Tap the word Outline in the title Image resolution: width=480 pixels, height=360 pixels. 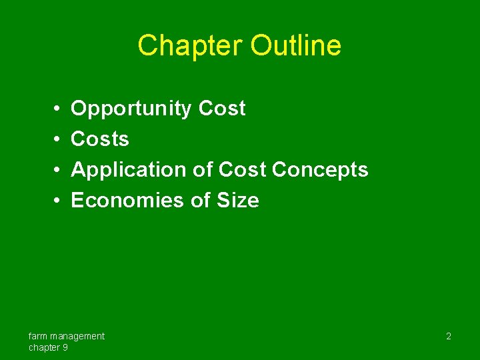pos(296,45)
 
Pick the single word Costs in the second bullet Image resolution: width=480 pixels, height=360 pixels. pos(100,139)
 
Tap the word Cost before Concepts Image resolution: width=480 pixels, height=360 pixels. pos(243,170)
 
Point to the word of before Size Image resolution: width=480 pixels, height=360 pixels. pos(200,201)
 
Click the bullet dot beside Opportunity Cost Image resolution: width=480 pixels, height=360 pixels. pos(58,109)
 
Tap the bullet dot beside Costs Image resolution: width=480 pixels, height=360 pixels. pos(58,139)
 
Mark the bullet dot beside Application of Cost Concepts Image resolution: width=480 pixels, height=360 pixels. pos(58,170)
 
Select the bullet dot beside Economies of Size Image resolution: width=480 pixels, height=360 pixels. pos(58,201)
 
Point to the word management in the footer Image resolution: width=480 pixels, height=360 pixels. pos(77,336)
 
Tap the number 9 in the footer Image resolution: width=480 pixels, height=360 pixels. pos(64,347)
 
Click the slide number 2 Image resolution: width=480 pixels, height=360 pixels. pos(448,337)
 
